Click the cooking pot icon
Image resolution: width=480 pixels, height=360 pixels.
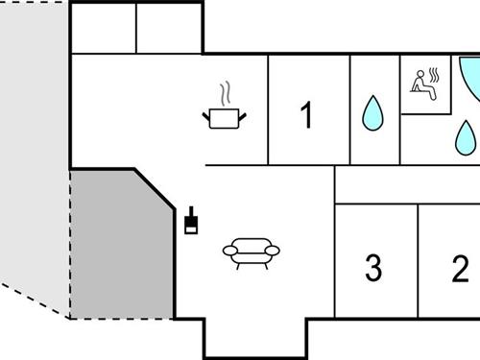[226, 118]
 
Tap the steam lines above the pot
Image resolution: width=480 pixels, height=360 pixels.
[227, 94]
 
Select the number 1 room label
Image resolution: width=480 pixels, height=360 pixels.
[306, 116]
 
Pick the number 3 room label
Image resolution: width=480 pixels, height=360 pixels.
[373, 267]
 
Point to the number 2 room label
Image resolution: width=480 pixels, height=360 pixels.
[460, 267]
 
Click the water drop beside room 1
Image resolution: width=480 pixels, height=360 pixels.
[372, 114]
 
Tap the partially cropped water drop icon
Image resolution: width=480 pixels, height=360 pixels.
[468, 140]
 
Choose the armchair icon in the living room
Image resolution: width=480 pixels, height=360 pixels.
[251, 252]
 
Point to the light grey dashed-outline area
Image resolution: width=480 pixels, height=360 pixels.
[34, 144]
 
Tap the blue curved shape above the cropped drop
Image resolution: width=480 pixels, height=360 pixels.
[470, 77]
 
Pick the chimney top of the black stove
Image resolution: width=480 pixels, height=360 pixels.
[191, 210]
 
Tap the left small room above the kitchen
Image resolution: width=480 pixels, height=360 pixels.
[105, 28]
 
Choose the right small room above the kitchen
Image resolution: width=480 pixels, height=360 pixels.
[169, 28]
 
